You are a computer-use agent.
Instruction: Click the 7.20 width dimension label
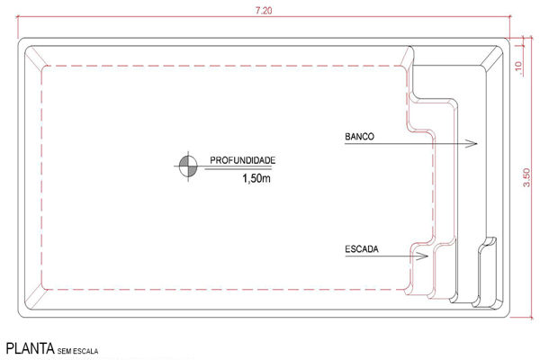(x=264, y=11)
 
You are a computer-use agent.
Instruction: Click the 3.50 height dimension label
(x=526, y=177)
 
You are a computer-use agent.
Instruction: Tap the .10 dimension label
(x=518, y=67)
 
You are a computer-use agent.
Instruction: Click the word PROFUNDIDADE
(x=242, y=160)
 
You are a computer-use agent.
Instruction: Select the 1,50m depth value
(x=256, y=178)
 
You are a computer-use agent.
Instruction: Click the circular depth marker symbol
(x=188, y=166)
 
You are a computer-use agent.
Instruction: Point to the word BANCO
(x=359, y=137)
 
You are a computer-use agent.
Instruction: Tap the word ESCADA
(x=362, y=249)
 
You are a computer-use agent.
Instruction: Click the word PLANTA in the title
(x=31, y=348)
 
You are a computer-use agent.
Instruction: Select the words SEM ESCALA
(x=77, y=351)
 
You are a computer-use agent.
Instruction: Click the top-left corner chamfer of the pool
(x=36, y=57)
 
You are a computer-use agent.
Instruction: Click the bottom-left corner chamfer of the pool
(x=35, y=298)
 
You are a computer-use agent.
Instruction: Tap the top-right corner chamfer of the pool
(x=491, y=57)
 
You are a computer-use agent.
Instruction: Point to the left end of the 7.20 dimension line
(x=17, y=16)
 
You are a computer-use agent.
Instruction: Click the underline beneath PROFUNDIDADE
(x=238, y=169)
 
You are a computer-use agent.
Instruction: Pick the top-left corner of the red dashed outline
(x=42, y=66)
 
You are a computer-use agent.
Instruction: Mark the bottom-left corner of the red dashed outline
(x=42, y=289)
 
